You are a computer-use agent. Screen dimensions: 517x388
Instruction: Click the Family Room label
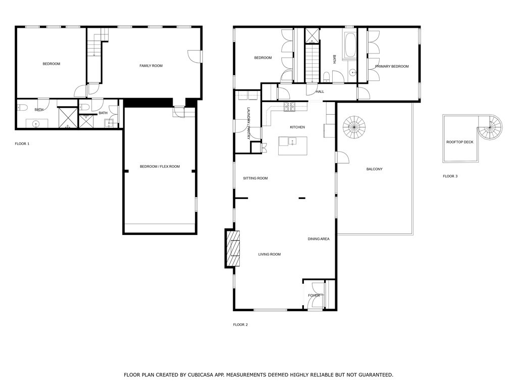point(151,66)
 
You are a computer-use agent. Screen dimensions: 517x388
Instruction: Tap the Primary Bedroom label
point(392,66)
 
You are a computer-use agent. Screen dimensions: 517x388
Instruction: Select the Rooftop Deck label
point(459,142)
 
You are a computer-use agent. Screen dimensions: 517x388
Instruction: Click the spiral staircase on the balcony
point(354,127)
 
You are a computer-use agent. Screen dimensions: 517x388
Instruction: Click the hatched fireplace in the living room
point(233,248)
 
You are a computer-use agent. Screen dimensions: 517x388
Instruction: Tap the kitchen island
point(293,146)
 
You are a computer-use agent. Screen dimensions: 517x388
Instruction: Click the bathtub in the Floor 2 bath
point(349,45)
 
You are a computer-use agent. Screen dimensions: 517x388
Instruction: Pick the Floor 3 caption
point(450,176)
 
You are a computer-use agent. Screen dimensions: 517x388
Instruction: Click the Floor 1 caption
point(22,144)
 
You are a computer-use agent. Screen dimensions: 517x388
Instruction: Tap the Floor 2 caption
point(240,325)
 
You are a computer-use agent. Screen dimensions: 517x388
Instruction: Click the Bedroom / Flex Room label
point(160,167)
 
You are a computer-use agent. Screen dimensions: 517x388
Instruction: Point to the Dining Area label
point(319,239)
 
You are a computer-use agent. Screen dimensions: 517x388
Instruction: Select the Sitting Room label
point(255,178)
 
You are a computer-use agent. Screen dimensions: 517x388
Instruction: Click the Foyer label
point(314,295)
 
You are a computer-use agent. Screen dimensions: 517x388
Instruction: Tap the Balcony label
point(375,169)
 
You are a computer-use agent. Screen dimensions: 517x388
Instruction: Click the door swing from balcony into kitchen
point(343,157)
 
